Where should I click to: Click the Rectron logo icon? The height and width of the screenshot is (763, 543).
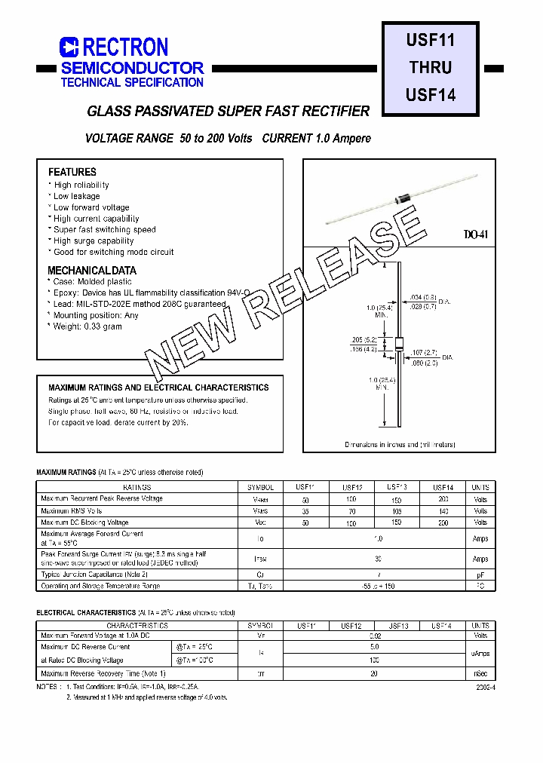click(x=69, y=47)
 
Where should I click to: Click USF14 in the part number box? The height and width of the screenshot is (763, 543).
click(x=430, y=95)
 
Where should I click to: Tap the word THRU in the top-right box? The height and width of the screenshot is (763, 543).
click(x=430, y=67)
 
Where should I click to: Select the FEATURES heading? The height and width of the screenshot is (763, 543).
click(x=72, y=172)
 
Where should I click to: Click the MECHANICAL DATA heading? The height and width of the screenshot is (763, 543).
click(x=92, y=270)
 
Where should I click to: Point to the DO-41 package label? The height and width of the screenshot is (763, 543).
click(x=475, y=234)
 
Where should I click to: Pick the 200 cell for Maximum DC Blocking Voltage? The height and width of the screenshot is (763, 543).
click(x=443, y=522)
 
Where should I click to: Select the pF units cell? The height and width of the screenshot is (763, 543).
click(x=480, y=575)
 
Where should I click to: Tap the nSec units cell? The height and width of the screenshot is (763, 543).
click(x=480, y=673)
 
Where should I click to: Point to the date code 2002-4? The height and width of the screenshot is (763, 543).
click(x=486, y=688)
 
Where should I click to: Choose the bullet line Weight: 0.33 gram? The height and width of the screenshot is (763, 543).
click(x=87, y=326)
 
